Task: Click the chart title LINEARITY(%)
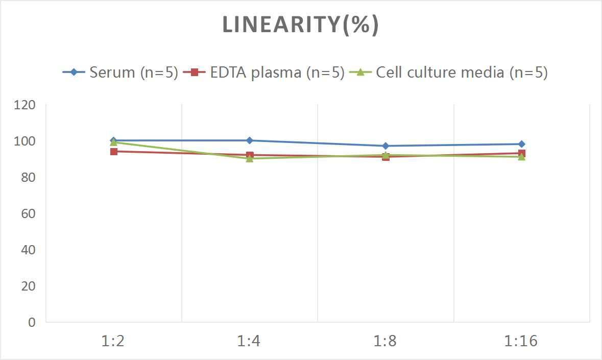300,25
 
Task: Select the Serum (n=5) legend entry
121,72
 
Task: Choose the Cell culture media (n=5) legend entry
449,72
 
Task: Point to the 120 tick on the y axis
26,105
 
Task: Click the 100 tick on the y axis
26,141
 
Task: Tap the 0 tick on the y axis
32,322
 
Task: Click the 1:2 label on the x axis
113,341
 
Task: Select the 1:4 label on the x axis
249,341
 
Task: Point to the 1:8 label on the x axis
386,341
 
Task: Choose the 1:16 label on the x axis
521,341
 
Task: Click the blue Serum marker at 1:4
249,140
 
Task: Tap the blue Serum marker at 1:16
521,144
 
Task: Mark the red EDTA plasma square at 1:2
113,151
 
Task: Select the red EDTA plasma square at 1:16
521,153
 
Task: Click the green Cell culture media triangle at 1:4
249,158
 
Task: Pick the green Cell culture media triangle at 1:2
113,142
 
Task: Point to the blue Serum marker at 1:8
386,146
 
